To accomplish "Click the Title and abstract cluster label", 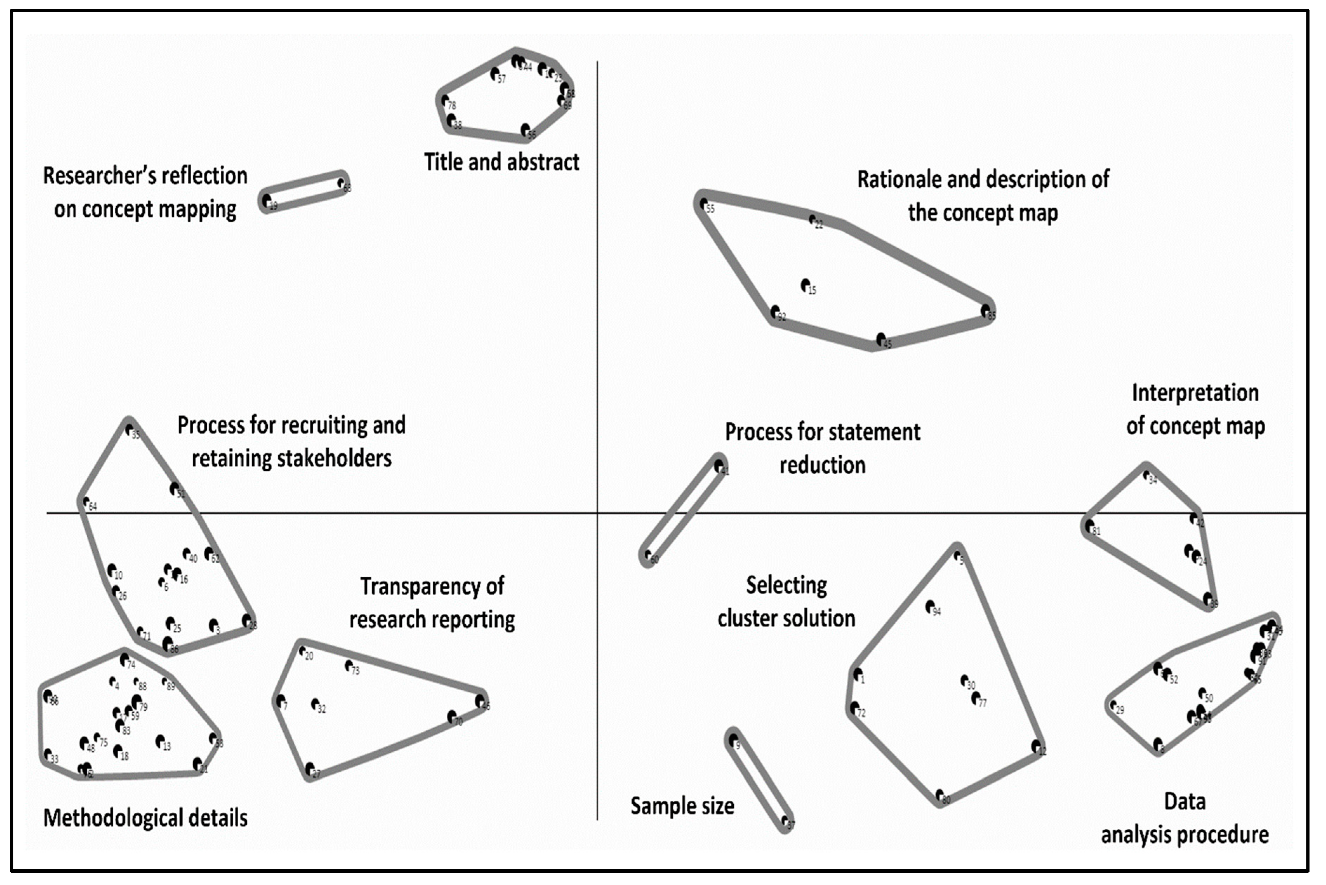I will coord(501,162).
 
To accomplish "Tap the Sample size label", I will coord(682,806).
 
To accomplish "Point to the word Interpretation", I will coord(1195,393).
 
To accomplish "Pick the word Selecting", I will coord(786,585).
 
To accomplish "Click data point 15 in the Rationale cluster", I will coord(806,285).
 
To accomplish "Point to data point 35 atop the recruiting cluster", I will coord(129,429).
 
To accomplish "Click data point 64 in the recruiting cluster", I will coord(86,501).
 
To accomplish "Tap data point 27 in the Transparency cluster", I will coord(309,767).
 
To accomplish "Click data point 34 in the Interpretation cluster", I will coord(1146,475).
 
